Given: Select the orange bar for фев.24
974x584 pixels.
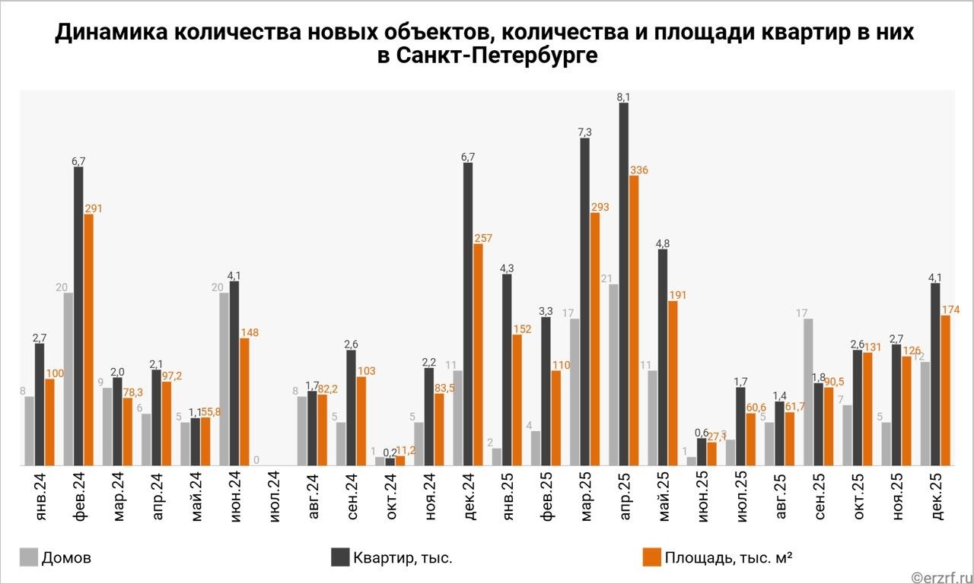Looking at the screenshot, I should click(88, 339).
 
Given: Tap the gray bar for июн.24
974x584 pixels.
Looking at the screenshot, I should click(224, 379).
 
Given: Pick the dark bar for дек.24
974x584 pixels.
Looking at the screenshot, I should click(468, 313).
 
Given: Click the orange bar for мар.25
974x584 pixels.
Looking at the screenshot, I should click(595, 338).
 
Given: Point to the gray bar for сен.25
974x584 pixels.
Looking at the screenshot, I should click(808, 392).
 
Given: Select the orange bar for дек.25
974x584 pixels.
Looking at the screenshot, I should click(945, 390).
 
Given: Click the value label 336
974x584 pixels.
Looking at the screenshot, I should click(639, 170).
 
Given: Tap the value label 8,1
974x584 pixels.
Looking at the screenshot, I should click(624, 97).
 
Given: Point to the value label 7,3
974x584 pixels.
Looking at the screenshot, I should click(584, 132).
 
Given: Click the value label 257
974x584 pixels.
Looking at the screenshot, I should click(482, 238).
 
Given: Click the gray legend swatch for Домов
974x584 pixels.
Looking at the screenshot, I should click(28, 557).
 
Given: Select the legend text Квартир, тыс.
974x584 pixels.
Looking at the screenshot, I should click(403, 558).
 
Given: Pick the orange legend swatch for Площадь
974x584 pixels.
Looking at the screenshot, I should click(651, 557).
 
